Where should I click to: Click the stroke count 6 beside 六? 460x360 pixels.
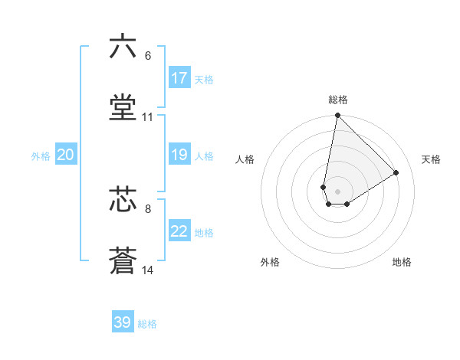coord(147,56)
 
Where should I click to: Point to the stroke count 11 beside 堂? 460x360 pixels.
coord(148,118)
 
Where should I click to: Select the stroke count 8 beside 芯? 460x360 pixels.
coord(147,208)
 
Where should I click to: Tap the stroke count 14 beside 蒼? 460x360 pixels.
coord(148,270)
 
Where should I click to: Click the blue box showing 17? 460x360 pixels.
coord(179,78)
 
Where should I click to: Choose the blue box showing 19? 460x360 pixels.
coord(179,155)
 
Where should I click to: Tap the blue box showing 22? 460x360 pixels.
coord(179,231)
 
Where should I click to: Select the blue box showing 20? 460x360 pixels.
coord(65,155)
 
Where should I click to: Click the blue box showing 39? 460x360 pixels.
coord(123,322)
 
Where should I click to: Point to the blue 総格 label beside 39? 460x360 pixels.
coord(147,324)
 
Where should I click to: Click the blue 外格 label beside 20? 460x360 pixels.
coord(41,156)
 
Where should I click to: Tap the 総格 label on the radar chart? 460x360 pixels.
coord(338,100)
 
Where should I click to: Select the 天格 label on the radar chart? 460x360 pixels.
coord(432,159)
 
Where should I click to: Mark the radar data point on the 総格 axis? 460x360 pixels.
coord(337,116)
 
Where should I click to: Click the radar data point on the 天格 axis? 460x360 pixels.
coord(396,172)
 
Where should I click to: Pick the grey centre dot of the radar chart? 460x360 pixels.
coord(338,191)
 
